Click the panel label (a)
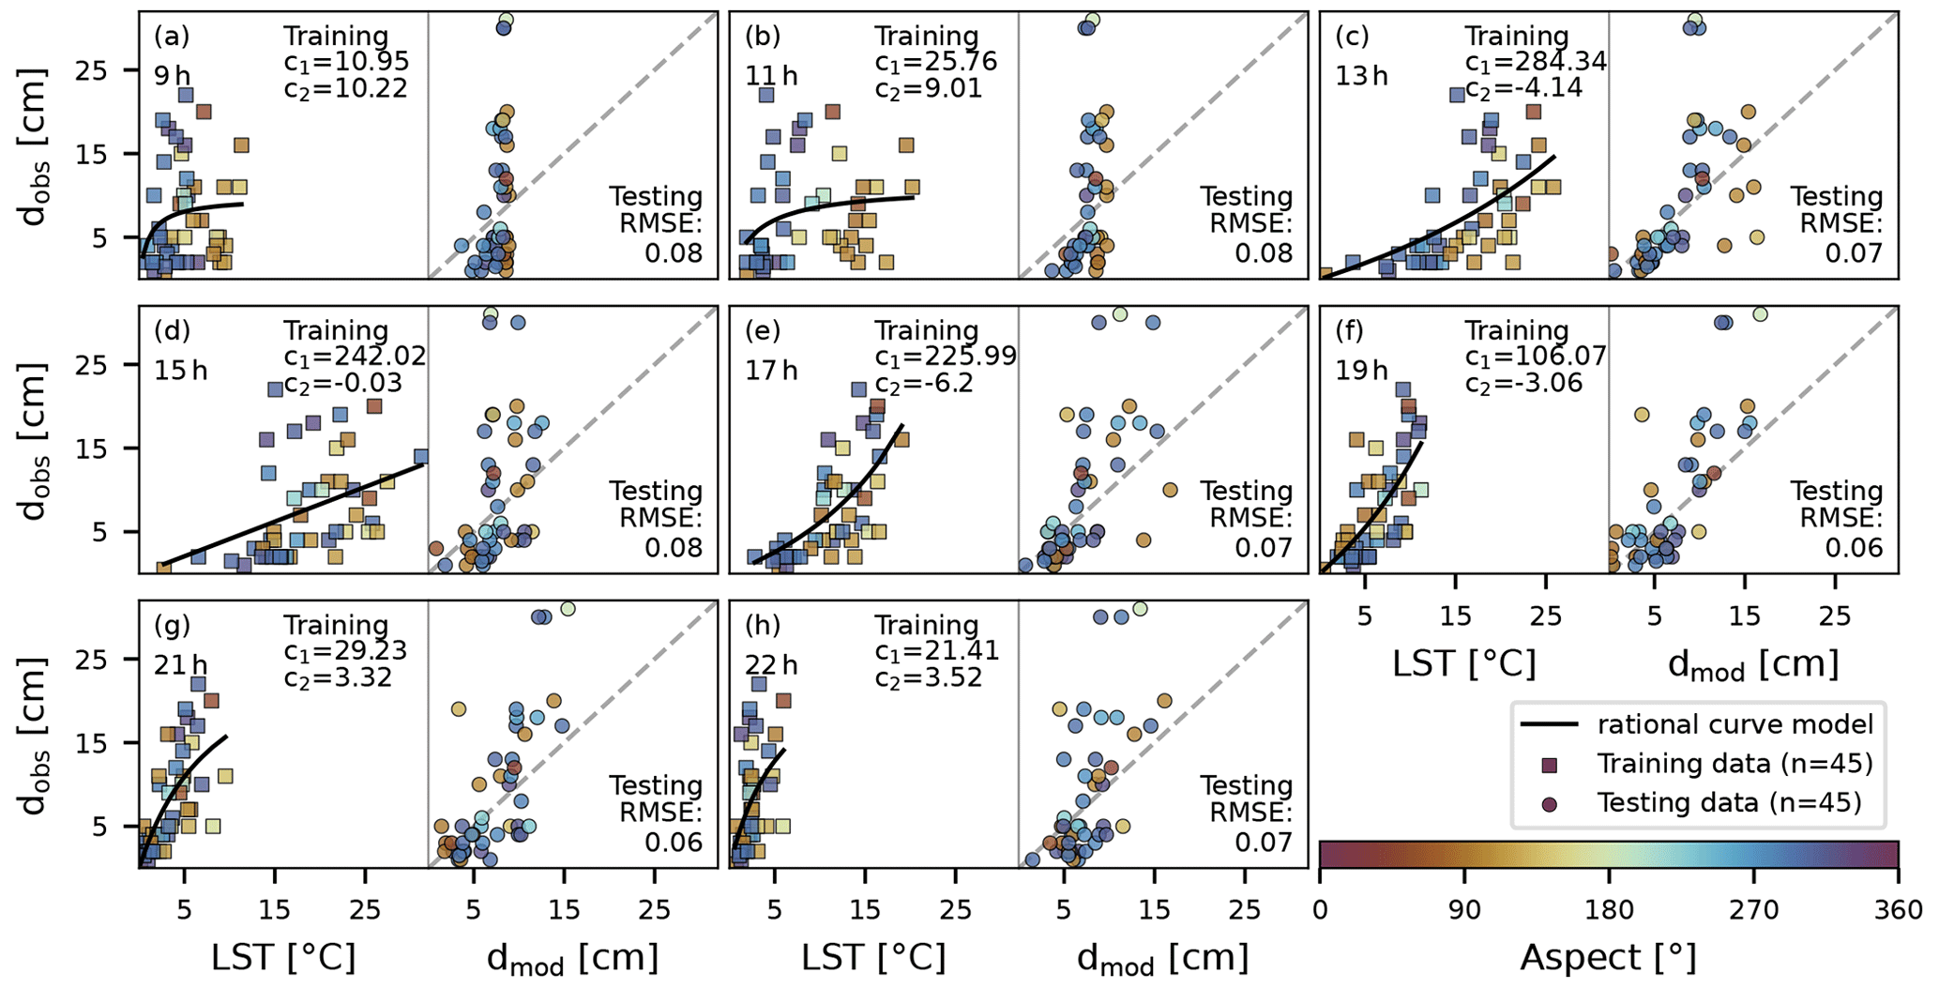click(x=172, y=38)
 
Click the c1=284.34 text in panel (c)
click(x=1536, y=62)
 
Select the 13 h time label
click(x=1361, y=75)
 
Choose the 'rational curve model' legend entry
click(x=1734, y=724)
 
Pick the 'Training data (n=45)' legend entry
click(x=1734, y=764)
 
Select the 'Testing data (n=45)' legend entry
click(x=1729, y=803)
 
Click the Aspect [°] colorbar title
click(x=1608, y=958)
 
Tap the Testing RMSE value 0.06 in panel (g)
click(x=674, y=843)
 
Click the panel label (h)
click(x=763, y=626)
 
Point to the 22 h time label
click(x=771, y=664)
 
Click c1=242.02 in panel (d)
click(x=355, y=357)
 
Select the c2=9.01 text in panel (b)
click(x=928, y=88)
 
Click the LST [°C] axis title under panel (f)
click(x=1463, y=663)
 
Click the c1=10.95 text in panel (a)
click(x=346, y=62)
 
